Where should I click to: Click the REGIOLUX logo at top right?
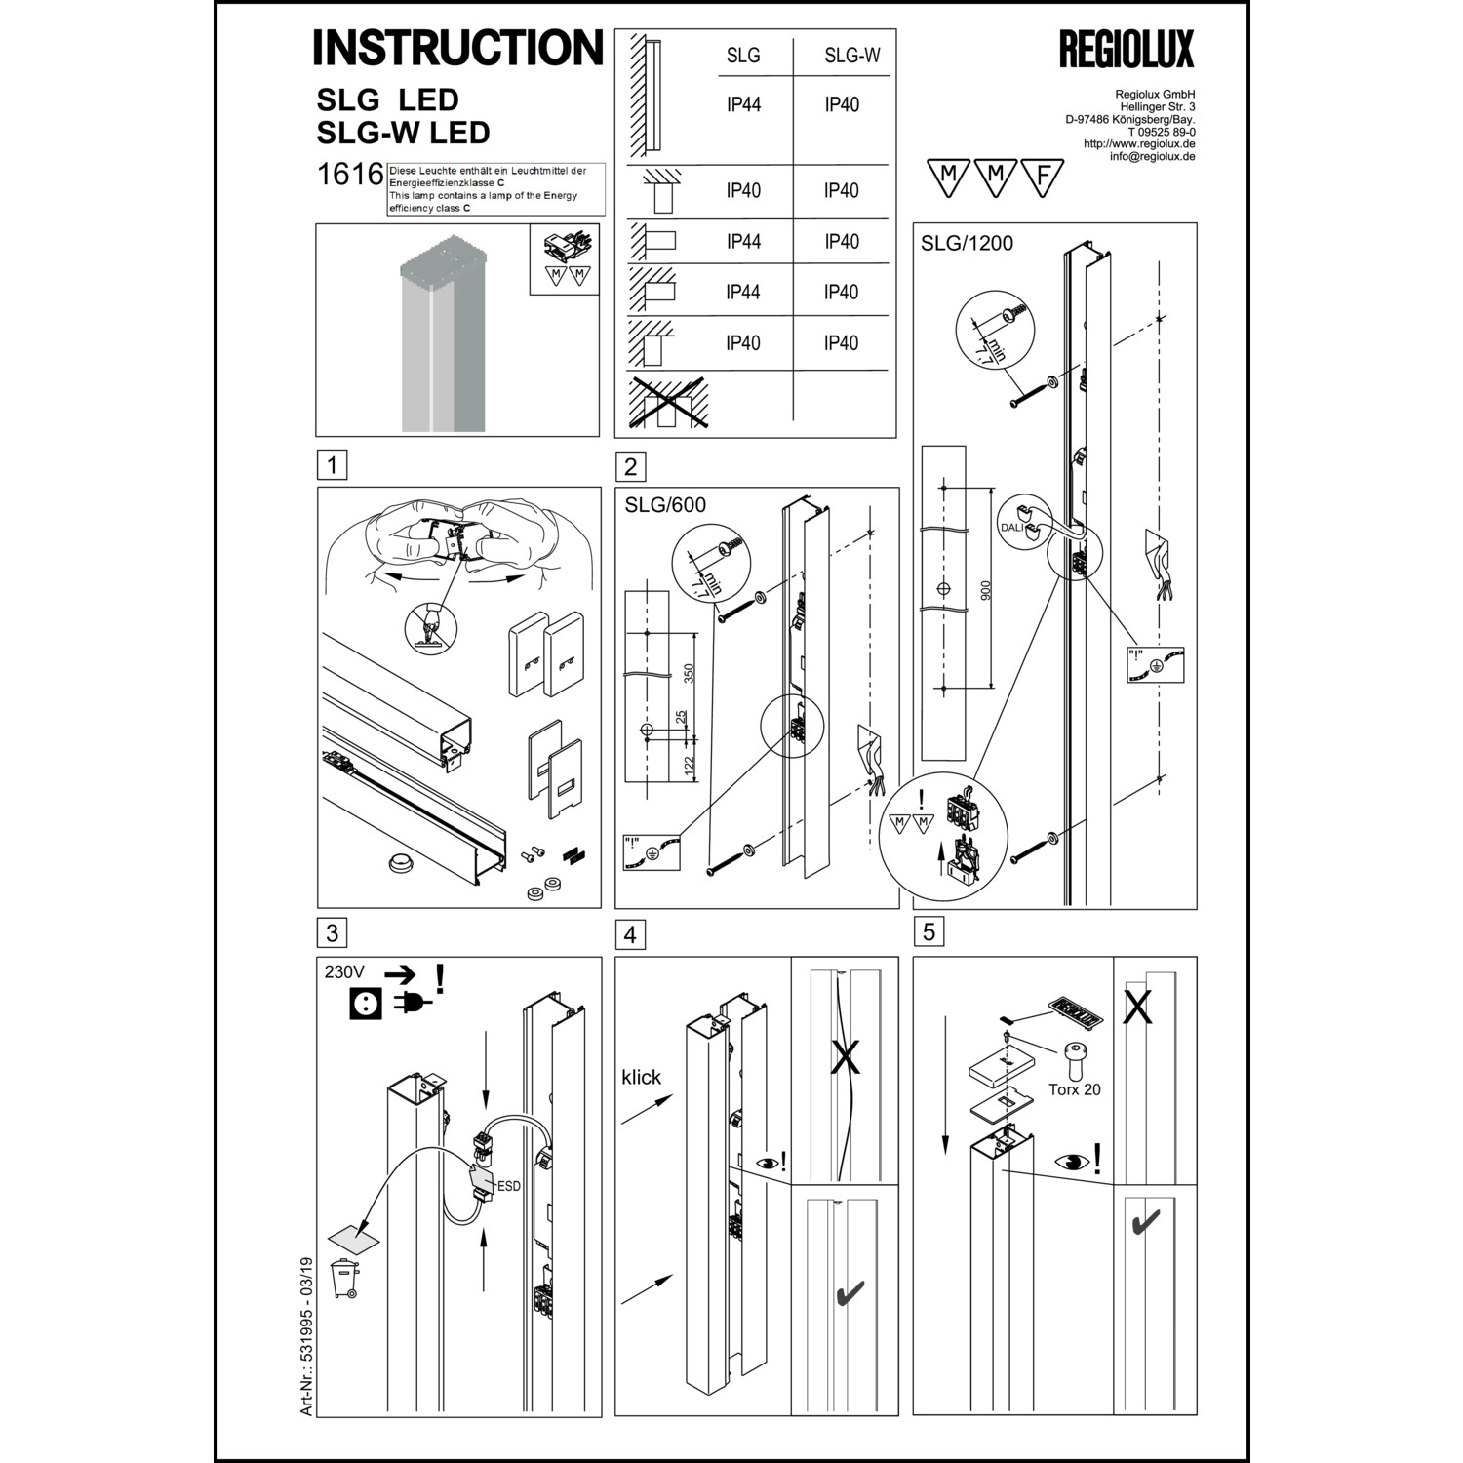tap(1126, 50)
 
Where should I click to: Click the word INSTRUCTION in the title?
tap(457, 48)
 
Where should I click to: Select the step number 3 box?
tap(332, 932)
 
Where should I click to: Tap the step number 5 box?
tap(928, 931)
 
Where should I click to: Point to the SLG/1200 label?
tap(967, 244)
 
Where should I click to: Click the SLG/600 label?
tap(665, 505)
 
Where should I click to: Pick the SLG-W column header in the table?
tap(851, 56)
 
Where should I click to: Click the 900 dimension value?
tap(985, 590)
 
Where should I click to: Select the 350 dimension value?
tap(689, 674)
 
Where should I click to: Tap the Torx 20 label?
tap(1074, 1089)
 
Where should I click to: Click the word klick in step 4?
tap(641, 1077)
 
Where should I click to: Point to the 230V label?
tap(344, 972)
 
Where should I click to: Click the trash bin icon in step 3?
tap(344, 1279)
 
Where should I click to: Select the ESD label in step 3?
tap(508, 1186)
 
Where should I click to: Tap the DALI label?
tap(1011, 528)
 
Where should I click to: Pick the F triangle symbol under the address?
tap(1043, 177)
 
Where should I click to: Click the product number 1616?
tap(350, 175)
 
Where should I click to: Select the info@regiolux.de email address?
tap(1152, 156)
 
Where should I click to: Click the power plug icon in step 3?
tap(412, 1004)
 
